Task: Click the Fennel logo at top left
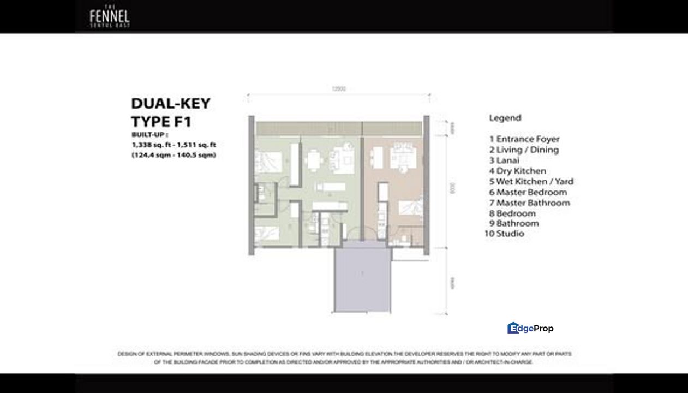click(x=109, y=16)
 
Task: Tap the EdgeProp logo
click(x=530, y=328)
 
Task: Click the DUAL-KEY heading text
click(x=170, y=104)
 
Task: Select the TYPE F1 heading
click(x=161, y=122)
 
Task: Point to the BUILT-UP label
click(x=149, y=135)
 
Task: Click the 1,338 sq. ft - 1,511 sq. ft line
click(x=174, y=145)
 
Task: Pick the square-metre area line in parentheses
click(x=174, y=155)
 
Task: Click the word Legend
click(x=505, y=118)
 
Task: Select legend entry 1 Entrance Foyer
click(x=524, y=139)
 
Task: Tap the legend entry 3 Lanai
click(x=504, y=160)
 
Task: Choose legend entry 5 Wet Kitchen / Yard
click(x=531, y=182)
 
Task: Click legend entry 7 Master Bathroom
click(x=529, y=203)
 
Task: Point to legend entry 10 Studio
click(x=504, y=234)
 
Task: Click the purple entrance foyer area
click(x=362, y=278)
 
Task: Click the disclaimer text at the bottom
click(x=344, y=358)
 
